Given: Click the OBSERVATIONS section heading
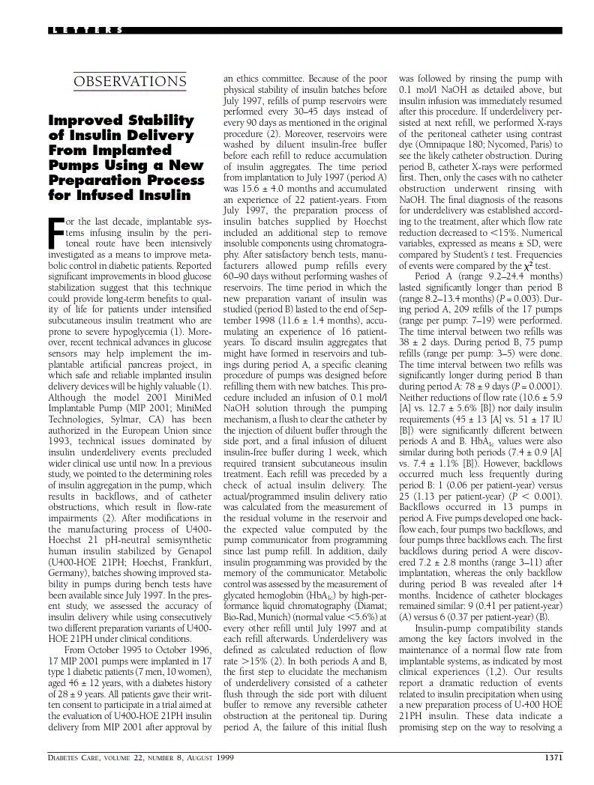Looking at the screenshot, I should tap(129, 81).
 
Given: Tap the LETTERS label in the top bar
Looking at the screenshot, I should tap(86, 31).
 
